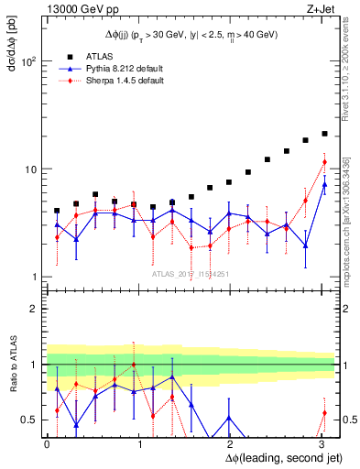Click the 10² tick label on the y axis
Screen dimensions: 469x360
[29, 61]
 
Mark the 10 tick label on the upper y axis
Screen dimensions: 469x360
[31, 169]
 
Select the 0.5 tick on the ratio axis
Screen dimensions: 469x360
[28, 420]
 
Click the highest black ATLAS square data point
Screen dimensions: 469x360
[324, 134]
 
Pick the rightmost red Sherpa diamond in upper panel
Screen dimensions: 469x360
[324, 163]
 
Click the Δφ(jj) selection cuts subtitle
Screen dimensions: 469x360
[189, 34]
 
